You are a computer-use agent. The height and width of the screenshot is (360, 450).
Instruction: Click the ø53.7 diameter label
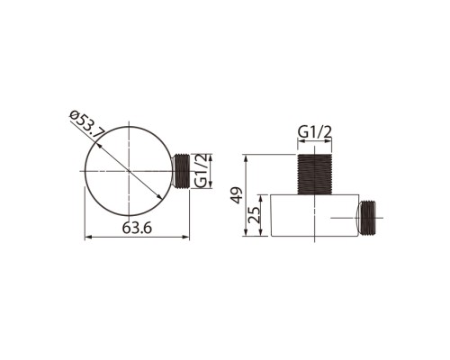(87, 125)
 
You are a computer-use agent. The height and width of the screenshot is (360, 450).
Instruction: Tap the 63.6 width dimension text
(137, 229)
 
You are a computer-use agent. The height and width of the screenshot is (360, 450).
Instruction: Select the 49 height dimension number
(238, 195)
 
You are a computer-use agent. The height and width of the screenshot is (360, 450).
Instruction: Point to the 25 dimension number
(255, 214)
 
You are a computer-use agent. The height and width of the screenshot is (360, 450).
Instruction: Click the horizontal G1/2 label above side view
(315, 131)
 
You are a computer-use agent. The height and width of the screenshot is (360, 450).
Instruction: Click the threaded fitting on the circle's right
(180, 171)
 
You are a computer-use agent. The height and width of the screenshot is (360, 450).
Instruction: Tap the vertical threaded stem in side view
(314, 175)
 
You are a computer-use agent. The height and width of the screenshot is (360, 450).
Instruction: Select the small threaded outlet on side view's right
(365, 217)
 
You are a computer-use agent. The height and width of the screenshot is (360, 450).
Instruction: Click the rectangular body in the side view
(315, 215)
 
